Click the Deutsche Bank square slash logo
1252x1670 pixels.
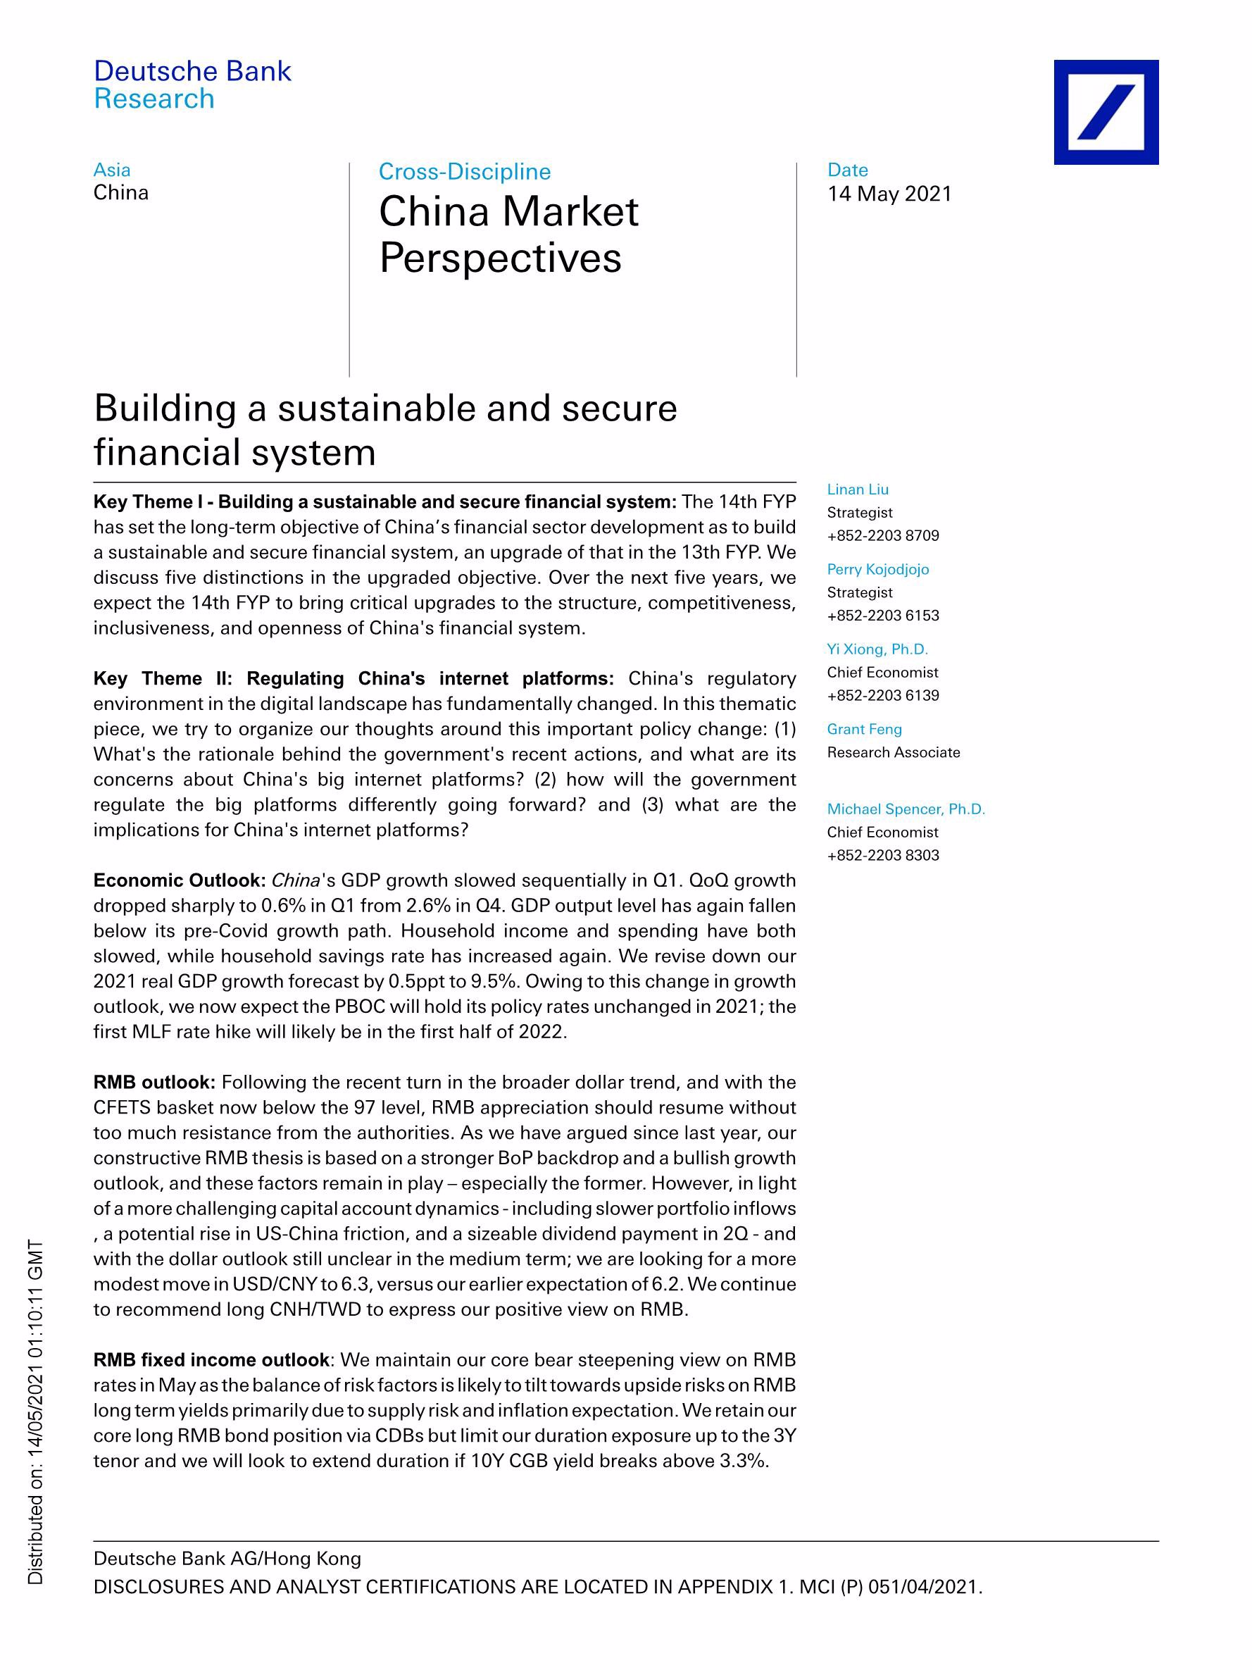1106,112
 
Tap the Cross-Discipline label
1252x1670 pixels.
464,172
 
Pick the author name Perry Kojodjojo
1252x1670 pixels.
877,569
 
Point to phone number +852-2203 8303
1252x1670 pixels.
883,855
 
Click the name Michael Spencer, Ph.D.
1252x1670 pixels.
906,809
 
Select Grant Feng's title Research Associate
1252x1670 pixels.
894,752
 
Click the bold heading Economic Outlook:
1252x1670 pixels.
179,880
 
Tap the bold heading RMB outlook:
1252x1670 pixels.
154,1082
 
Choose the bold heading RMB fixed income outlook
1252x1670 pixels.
211,1359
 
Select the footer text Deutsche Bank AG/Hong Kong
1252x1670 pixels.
227,1558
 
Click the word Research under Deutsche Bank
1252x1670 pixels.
154,99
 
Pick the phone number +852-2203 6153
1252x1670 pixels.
883,616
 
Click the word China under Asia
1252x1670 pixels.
120,192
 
